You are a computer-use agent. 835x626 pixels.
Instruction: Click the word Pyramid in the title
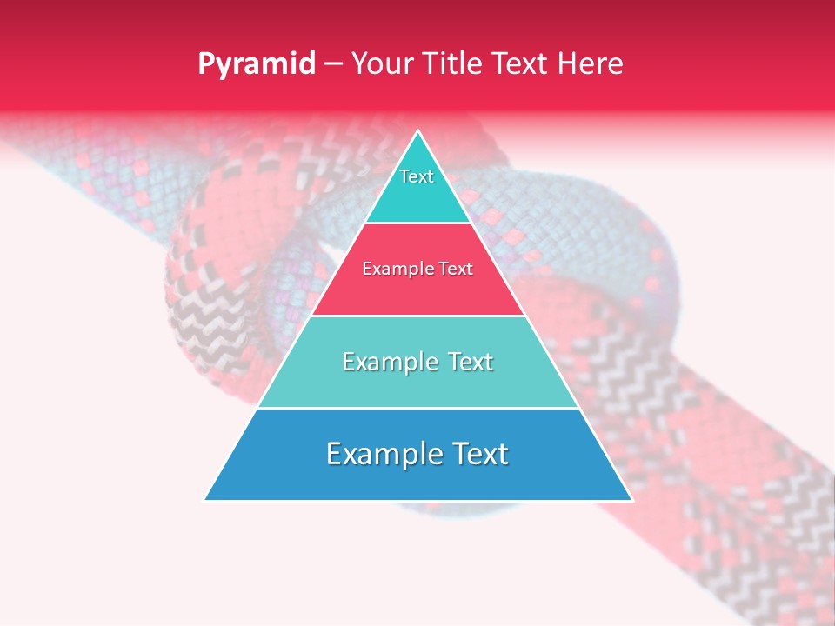click(x=257, y=64)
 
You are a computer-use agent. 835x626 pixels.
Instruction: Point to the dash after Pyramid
click(x=332, y=64)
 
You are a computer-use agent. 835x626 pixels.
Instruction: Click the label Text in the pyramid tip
click(x=417, y=176)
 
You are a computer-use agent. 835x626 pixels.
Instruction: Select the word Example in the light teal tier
click(x=388, y=362)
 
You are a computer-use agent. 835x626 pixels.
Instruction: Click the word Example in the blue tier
click(x=380, y=454)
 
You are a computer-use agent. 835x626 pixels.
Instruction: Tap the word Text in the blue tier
click(x=479, y=454)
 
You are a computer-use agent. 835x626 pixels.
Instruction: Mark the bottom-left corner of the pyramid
click(x=205, y=500)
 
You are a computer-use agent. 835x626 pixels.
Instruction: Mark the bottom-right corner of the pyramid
click(x=632, y=500)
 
